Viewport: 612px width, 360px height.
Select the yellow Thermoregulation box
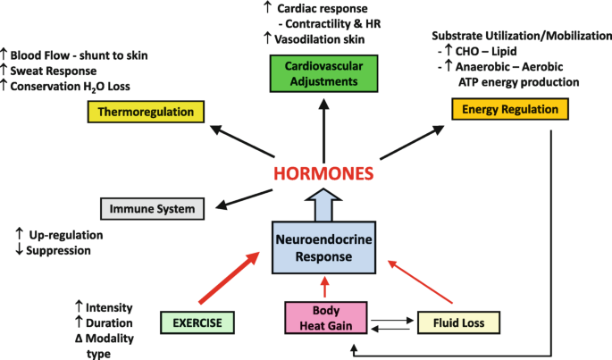tap(147, 113)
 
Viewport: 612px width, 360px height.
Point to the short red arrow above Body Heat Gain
tap(324, 288)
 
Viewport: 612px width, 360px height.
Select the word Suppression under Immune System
tap(61, 251)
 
